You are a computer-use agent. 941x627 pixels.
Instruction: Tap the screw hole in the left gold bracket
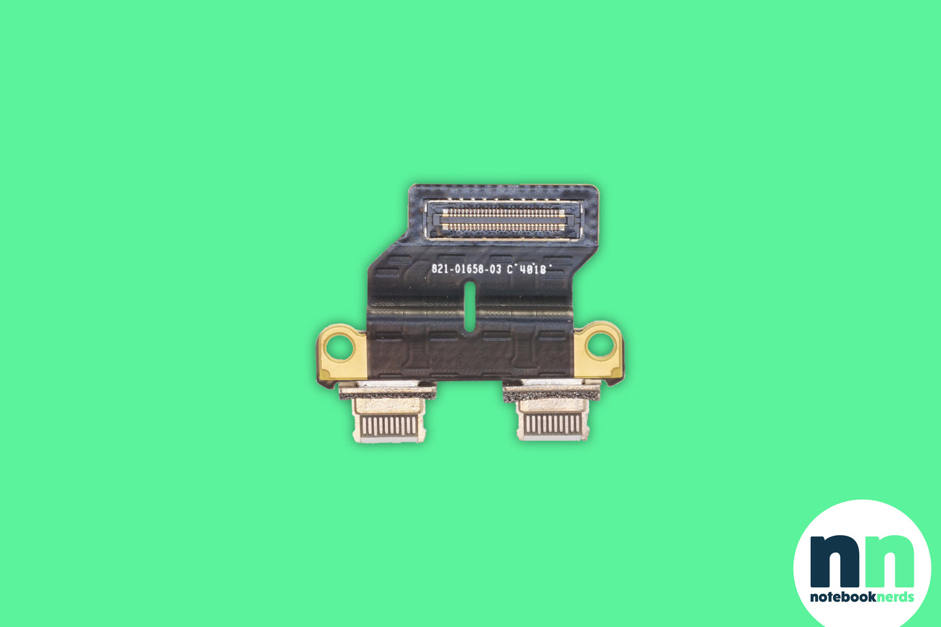click(x=339, y=349)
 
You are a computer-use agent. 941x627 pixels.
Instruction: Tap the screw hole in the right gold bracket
click(x=600, y=345)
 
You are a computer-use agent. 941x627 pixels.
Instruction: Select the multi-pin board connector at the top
click(x=503, y=220)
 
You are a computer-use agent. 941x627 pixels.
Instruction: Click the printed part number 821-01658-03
click(x=466, y=269)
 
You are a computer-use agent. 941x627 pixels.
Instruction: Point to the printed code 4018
click(x=533, y=270)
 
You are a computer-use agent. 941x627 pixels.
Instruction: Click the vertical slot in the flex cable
click(x=470, y=306)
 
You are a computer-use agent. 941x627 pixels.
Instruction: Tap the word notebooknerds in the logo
click(x=862, y=597)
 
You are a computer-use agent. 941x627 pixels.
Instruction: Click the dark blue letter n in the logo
click(x=835, y=561)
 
